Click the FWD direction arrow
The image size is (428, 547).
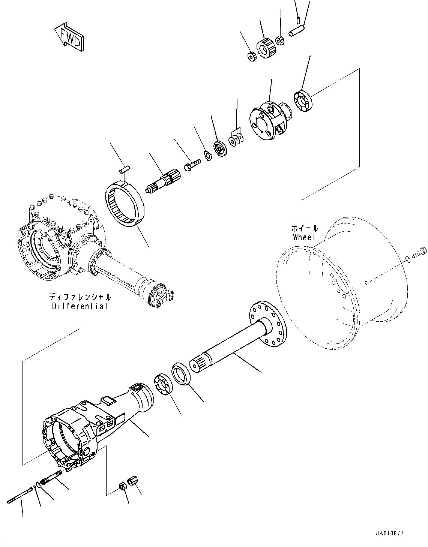(69, 37)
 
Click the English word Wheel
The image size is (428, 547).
(305, 237)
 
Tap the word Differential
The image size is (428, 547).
(80, 306)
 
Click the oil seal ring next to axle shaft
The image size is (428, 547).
(182, 373)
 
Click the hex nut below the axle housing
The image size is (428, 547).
(123, 486)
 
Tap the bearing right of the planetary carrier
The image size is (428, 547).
(303, 101)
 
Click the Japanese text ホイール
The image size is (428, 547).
(305, 228)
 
